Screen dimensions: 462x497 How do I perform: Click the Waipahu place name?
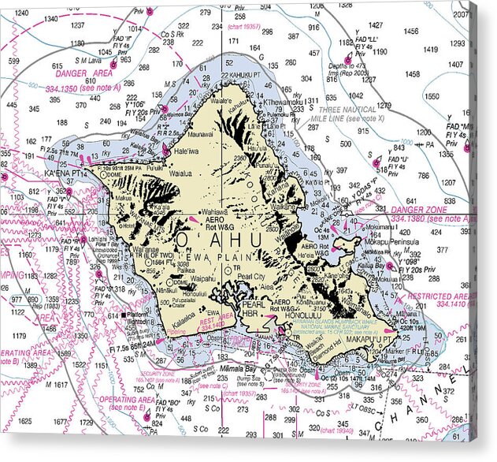[203, 278]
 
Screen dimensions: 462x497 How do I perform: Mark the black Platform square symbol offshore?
[123, 314]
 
